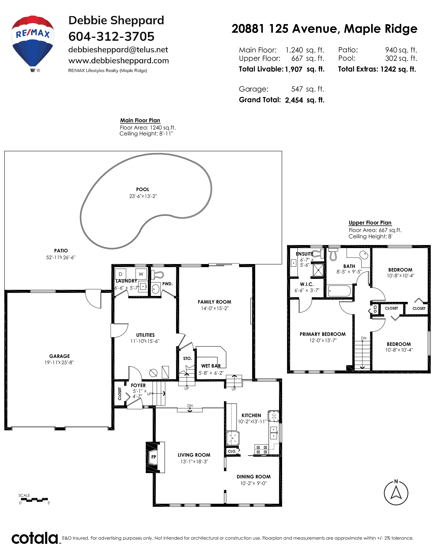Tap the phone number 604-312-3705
pyautogui.click(x=111, y=36)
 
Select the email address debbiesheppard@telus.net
pyautogui.click(x=118, y=50)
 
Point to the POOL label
pyautogui.click(x=143, y=190)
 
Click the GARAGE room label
pyautogui.click(x=59, y=356)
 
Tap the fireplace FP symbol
pyautogui.click(x=153, y=457)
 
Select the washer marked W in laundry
pyautogui.click(x=141, y=274)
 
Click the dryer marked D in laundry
pyautogui.click(x=120, y=274)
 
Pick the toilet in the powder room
pyautogui.click(x=157, y=275)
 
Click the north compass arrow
pyautogui.click(x=396, y=493)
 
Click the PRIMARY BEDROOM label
pyautogui.click(x=322, y=334)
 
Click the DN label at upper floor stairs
pyautogui.click(x=364, y=338)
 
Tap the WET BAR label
pyautogui.click(x=211, y=366)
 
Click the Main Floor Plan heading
pyautogui.click(x=140, y=120)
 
